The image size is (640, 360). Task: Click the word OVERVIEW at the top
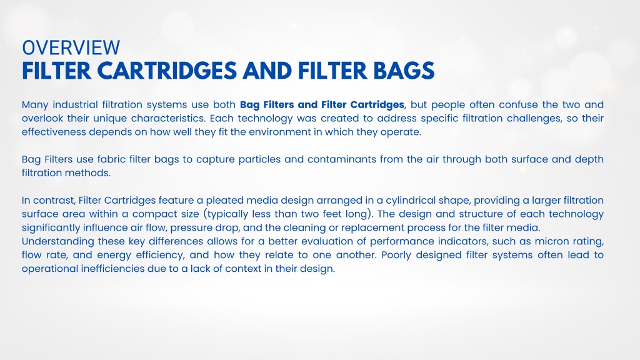(71, 47)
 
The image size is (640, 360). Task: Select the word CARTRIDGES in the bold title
(167, 71)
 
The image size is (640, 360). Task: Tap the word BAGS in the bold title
(404, 71)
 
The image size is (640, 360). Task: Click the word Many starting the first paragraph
(35, 105)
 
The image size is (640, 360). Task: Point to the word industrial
(75, 104)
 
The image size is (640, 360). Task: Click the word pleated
(224, 201)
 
